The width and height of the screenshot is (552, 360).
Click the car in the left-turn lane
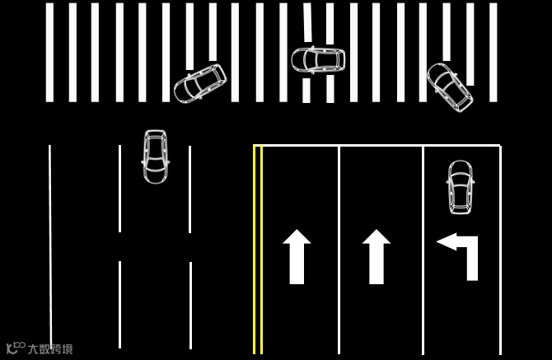click(x=461, y=186)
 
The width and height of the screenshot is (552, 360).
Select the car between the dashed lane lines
click(x=155, y=156)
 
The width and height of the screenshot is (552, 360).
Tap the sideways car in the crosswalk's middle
click(x=317, y=59)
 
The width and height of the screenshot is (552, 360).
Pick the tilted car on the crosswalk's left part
click(x=200, y=83)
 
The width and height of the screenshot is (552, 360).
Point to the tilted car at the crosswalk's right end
click(x=450, y=86)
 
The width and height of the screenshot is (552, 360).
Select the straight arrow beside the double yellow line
click(x=297, y=256)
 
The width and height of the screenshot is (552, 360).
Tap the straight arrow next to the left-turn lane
click(x=377, y=256)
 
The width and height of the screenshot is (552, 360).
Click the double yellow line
click(x=258, y=247)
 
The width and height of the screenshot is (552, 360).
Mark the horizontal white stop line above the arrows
click(x=379, y=146)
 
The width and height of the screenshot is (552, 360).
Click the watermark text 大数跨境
click(x=50, y=348)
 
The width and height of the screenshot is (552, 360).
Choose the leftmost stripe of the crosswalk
click(x=49, y=52)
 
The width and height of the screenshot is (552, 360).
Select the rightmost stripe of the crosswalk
click(x=494, y=52)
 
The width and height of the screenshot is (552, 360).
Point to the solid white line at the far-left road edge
click(x=50, y=247)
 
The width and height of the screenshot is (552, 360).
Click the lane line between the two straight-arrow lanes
click(x=339, y=247)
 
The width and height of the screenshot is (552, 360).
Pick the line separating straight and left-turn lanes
click(x=423, y=247)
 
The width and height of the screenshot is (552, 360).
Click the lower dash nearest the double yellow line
click(x=190, y=305)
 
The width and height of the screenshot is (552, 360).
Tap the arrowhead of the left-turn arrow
click(x=446, y=241)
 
